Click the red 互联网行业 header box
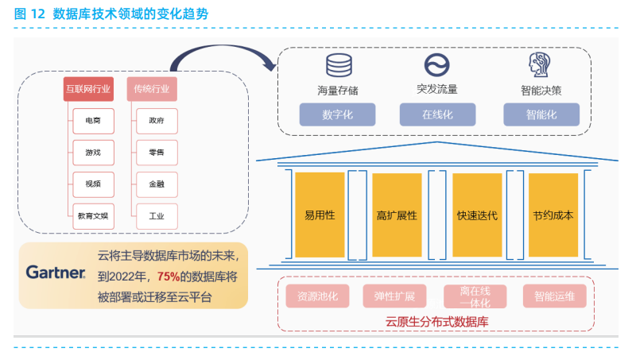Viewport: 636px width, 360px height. point(89,88)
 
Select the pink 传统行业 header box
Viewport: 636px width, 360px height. point(152,88)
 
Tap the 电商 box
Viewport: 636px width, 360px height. point(93,122)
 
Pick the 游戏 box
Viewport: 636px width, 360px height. point(93,153)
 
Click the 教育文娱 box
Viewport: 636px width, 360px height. point(93,215)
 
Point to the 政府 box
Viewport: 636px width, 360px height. point(157,122)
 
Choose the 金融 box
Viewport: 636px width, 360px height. point(157,184)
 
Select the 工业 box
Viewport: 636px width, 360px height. point(157,215)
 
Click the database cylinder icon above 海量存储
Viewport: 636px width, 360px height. point(338,64)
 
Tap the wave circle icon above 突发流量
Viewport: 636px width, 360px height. point(436,64)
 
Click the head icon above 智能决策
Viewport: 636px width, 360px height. point(541,64)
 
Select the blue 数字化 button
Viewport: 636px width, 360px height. point(338,114)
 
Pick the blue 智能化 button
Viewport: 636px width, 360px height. point(541,114)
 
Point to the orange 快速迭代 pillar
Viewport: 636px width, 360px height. point(477,215)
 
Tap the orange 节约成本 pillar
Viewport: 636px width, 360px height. point(553,215)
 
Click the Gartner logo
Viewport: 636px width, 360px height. point(56,273)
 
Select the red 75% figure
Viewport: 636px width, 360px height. point(168,277)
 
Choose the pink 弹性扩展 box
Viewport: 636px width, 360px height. point(395,296)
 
